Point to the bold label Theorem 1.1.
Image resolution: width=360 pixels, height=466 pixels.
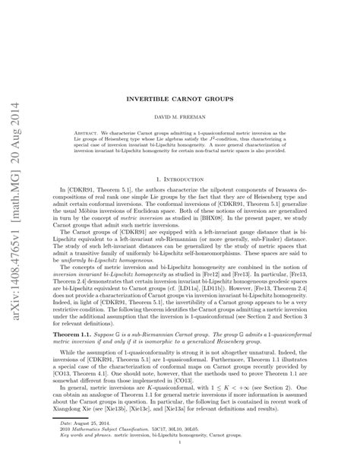65,334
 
